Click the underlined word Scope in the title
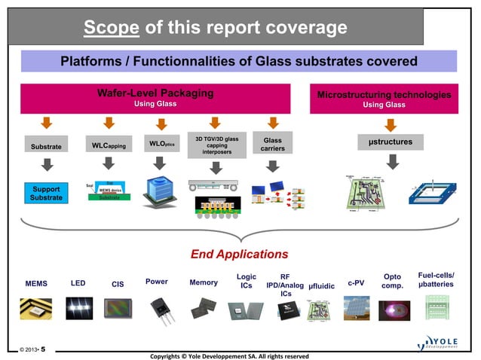point(111,28)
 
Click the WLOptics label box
point(161,143)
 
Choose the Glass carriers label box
point(272,145)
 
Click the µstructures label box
point(390,142)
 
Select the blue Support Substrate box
point(47,192)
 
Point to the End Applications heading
point(239,254)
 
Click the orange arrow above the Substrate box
point(47,123)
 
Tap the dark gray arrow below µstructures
point(391,161)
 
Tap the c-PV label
point(356,283)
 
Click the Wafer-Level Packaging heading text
point(155,93)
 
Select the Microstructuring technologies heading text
point(384,95)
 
